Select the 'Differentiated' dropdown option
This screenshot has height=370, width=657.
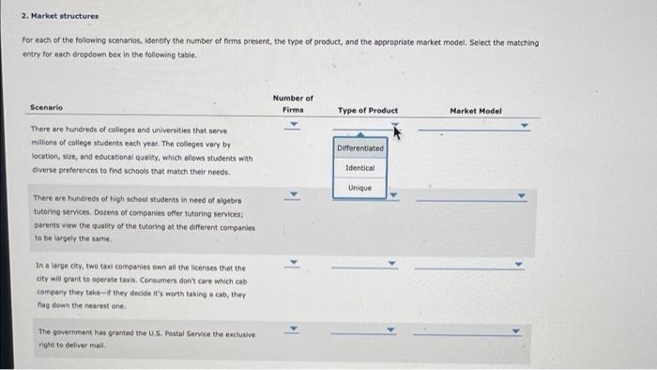[360, 148]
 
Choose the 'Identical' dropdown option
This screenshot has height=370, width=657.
[360, 168]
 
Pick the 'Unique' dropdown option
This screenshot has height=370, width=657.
[360, 188]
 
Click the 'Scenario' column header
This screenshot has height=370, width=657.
[46, 108]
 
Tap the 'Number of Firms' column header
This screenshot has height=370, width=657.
[293, 103]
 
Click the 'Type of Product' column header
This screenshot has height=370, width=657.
[367, 110]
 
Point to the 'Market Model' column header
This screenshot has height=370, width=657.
[476, 110]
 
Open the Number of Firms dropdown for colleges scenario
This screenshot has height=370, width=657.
[293, 124]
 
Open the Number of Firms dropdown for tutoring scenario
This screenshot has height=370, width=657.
[293, 196]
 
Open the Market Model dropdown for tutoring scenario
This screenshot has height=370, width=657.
[475, 197]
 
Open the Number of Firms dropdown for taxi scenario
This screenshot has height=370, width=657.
[293, 264]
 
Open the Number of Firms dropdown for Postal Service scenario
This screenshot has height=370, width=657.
[293, 330]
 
